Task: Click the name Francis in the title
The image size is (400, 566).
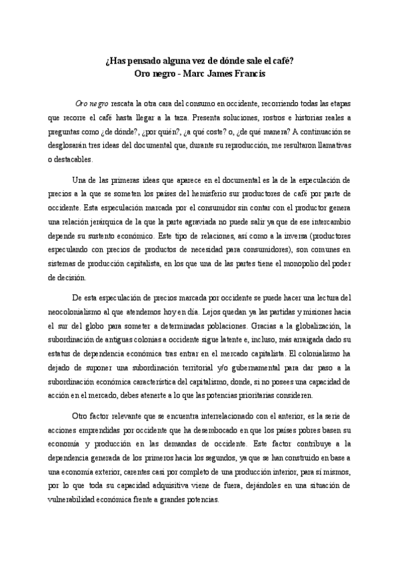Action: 249,74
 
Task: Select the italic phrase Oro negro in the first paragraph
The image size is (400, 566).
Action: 92,105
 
